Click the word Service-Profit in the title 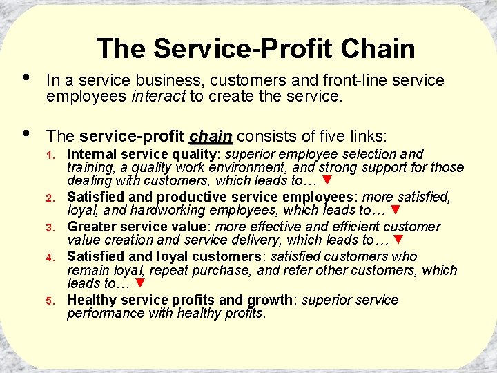pyautogui.click(x=242, y=49)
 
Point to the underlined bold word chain pyautogui.click(x=211, y=135)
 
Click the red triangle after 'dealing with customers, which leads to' pyautogui.click(x=329, y=181)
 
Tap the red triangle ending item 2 pyautogui.click(x=396, y=210)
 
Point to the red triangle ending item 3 pyautogui.click(x=397, y=240)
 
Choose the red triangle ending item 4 pyautogui.click(x=140, y=283)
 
